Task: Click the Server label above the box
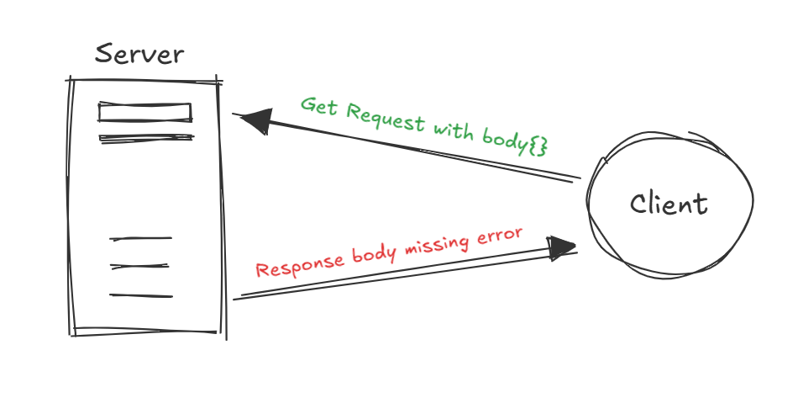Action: [139, 55]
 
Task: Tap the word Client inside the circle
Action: [669, 204]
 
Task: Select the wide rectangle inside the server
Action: [145, 112]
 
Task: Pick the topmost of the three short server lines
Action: [141, 239]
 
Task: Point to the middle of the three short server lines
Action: [141, 268]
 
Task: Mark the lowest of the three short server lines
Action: [141, 295]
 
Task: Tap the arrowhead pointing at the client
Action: [561, 247]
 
